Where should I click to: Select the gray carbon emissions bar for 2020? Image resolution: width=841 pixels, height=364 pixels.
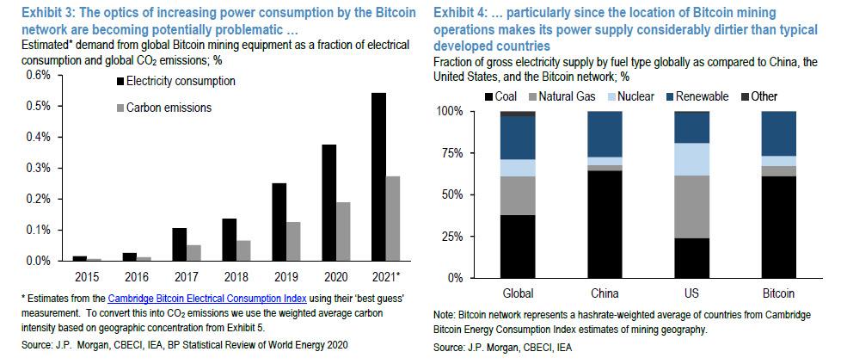tap(343, 231)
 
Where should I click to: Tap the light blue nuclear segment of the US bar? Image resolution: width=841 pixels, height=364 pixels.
tap(691, 159)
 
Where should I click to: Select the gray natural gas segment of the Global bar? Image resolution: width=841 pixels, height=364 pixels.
tap(519, 195)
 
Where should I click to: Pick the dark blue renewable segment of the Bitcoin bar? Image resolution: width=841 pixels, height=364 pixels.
tap(778, 133)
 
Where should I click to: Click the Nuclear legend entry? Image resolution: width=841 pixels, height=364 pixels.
tap(633, 96)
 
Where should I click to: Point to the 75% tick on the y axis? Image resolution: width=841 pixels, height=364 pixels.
tap(451, 153)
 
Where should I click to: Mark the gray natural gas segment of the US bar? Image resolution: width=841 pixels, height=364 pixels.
tap(691, 207)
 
